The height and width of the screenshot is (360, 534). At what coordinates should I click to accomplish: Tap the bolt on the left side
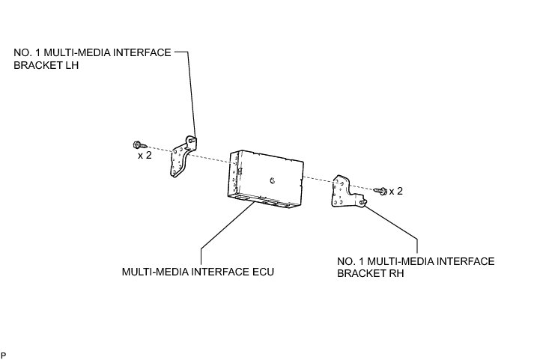click(x=139, y=144)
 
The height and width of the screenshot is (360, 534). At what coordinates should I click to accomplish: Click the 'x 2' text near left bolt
click(x=145, y=156)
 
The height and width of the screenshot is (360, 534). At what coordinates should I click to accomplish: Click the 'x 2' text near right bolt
click(x=395, y=192)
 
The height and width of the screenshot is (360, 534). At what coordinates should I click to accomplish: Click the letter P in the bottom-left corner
click(x=4, y=354)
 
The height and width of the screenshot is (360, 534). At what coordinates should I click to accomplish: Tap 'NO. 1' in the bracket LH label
click(x=27, y=53)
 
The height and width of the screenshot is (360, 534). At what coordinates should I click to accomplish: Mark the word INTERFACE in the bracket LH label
click(x=140, y=53)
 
